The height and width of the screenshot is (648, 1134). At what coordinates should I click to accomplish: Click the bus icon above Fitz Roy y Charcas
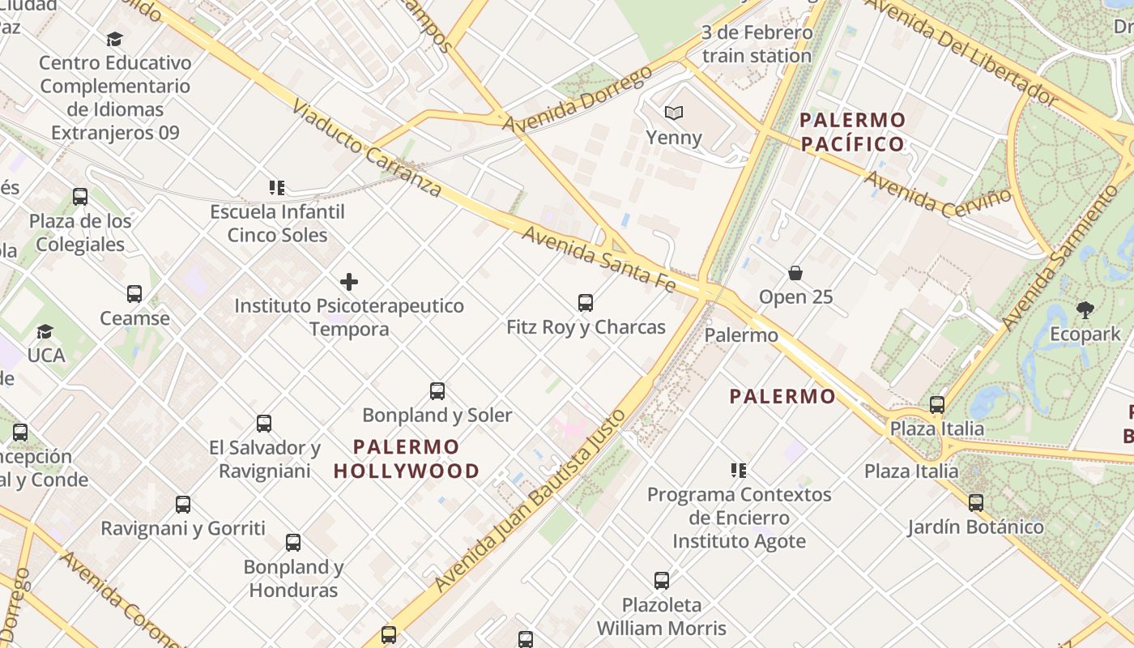click(x=586, y=303)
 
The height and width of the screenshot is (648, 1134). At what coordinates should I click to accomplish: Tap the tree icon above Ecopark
click(x=1085, y=309)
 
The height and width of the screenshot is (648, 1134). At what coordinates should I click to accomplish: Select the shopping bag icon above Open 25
click(x=795, y=273)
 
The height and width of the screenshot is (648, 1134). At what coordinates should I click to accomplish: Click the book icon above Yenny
click(x=674, y=113)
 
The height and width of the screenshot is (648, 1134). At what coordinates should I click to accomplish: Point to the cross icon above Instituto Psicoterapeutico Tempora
click(x=349, y=282)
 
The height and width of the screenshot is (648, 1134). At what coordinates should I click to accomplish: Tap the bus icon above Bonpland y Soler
click(x=437, y=391)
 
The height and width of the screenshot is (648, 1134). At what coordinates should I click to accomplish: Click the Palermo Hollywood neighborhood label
click(x=407, y=458)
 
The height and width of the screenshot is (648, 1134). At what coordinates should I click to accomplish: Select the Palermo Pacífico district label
click(x=852, y=132)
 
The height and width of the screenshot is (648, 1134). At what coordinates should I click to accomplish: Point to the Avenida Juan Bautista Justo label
click(x=531, y=501)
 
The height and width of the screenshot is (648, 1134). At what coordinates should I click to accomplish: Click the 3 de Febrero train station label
click(x=757, y=45)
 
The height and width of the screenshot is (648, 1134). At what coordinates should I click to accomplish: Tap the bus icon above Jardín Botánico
click(x=976, y=502)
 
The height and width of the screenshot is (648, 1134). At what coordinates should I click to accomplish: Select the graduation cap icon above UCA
click(x=45, y=331)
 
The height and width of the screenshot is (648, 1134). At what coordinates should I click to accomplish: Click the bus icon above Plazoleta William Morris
click(x=662, y=580)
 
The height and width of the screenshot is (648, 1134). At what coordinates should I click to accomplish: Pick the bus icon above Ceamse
click(x=134, y=294)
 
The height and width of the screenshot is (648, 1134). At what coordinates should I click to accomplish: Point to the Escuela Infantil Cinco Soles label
click(x=278, y=224)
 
